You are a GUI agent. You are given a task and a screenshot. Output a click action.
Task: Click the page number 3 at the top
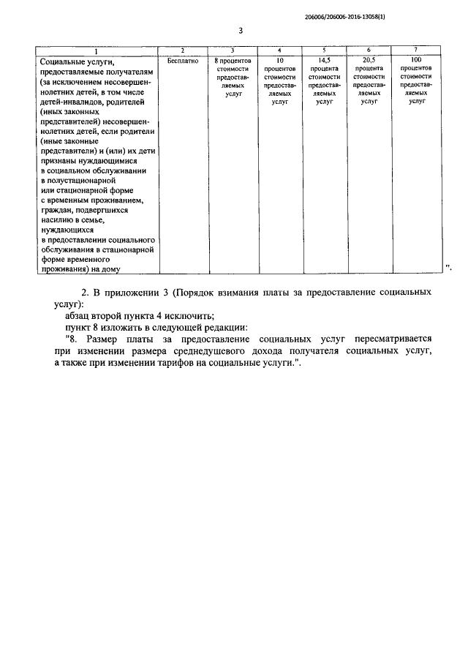click(241, 31)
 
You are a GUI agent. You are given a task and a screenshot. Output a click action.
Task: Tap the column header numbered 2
click(182, 50)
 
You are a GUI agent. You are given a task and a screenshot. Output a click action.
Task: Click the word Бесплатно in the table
click(182, 60)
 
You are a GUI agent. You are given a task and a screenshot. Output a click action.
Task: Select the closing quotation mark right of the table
click(449, 268)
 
